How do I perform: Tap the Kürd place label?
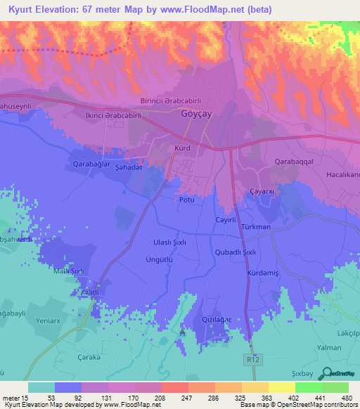[182, 148]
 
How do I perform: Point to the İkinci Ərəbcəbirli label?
[112, 116]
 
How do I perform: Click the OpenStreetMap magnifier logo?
[325, 373]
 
